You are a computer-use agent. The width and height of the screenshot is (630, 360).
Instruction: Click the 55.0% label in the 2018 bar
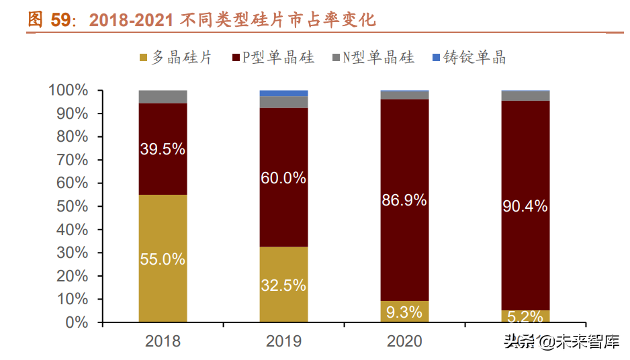[163, 259]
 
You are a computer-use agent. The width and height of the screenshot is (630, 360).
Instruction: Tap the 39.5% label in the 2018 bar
[163, 149]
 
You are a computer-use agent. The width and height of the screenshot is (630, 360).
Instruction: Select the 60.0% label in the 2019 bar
[283, 178]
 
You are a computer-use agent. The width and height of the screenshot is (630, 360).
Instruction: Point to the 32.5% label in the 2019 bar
[283, 285]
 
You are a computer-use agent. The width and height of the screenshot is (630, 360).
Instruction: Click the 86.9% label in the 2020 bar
[404, 200]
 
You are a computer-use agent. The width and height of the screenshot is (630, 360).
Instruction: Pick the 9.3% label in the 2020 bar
[404, 312]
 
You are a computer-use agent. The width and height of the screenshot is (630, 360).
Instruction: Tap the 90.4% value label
[525, 206]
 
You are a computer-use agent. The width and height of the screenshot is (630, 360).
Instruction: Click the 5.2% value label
[525, 316]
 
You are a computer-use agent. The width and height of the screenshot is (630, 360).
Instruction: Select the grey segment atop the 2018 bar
[163, 97]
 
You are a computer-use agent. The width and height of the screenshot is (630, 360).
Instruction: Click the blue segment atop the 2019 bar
[283, 93]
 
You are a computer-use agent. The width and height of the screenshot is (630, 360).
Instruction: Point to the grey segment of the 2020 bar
[404, 95]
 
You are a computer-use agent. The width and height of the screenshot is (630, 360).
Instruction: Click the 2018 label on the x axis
[163, 341]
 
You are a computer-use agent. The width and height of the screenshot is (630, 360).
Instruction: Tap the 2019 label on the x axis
[283, 341]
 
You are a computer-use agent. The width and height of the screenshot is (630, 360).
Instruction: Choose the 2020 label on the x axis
[404, 341]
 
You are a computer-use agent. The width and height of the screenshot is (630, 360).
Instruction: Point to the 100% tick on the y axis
[69, 90]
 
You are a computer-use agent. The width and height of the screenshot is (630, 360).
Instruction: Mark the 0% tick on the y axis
[77, 322]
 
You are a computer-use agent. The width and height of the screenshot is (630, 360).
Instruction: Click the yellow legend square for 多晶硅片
[143, 58]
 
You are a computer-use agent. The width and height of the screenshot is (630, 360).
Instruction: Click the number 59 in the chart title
[60, 20]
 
